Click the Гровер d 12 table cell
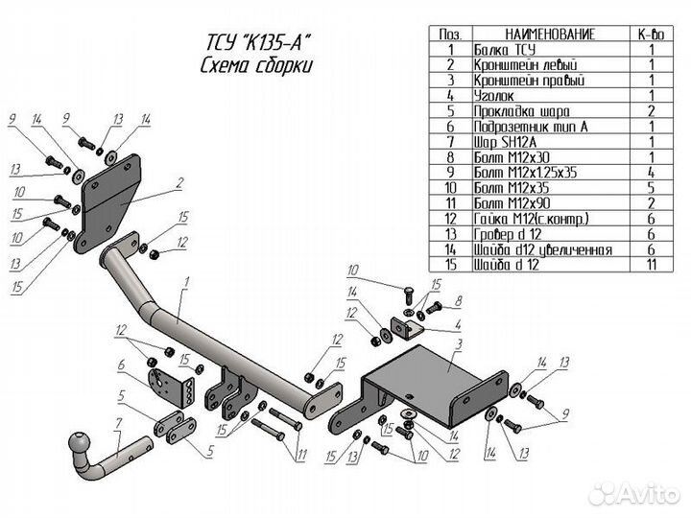[x=506, y=234]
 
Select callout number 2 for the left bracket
[x=179, y=181]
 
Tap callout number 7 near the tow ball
[x=117, y=423]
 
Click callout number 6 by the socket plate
[x=122, y=365]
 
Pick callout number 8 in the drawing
[x=459, y=300]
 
